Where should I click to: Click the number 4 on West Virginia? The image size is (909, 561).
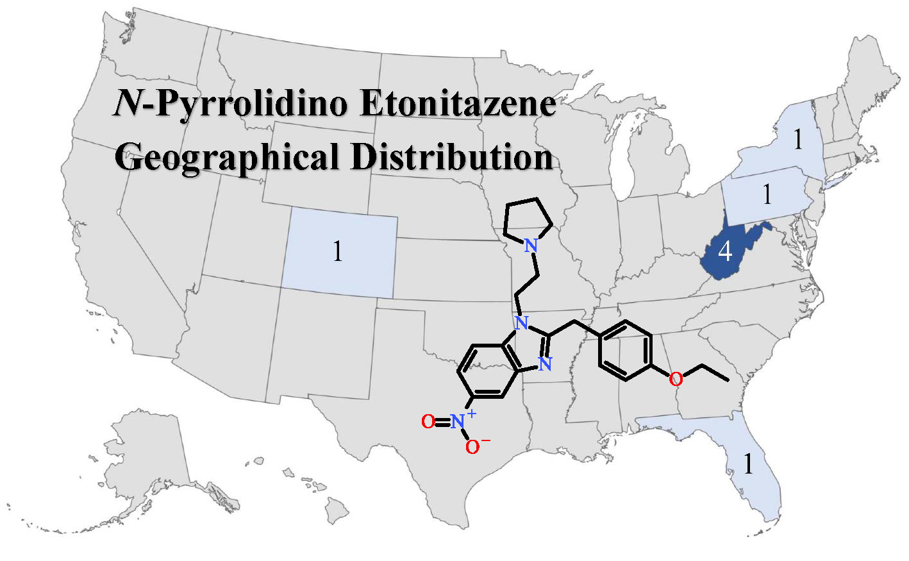tap(725, 251)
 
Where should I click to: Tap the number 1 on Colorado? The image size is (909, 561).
tap(338, 251)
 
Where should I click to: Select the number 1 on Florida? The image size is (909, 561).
tap(748, 463)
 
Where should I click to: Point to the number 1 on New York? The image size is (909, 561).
tap(797, 139)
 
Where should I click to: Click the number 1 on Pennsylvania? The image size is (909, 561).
tap(767, 194)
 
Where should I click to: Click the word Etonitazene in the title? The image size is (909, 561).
tap(458, 104)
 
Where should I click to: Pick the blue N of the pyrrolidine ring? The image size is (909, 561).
tap(530, 245)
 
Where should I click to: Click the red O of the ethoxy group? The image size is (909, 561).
tap(676, 379)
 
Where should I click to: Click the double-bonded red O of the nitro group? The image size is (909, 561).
tap(428, 421)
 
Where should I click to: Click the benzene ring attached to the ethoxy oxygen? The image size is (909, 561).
tap(625, 350)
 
